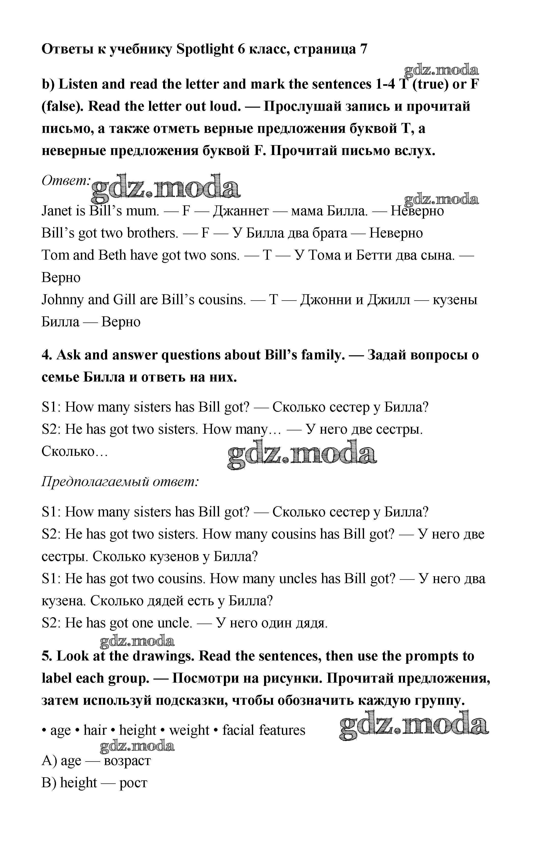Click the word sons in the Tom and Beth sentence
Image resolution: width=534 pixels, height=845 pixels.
tap(225, 255)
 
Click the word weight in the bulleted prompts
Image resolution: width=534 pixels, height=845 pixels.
tap(189, 730)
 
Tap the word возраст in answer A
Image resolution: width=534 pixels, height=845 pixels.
tap(127, 761)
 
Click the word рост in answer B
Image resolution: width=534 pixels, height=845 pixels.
tap(133, 783)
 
